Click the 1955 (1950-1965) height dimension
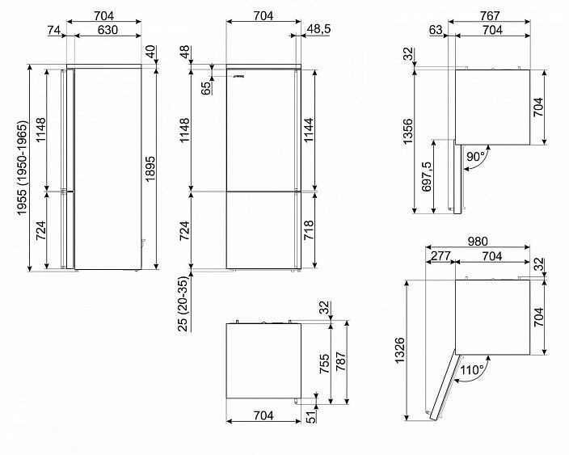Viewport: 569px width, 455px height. (22, 167)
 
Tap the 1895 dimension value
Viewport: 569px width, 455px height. (150, 168)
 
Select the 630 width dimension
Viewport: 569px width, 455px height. (107, 29)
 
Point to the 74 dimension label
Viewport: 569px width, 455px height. (53, 30)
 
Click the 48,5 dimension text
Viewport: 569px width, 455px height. (319, 28)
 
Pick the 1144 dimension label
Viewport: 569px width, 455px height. (308, 130)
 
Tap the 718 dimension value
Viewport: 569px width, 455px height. (308, 230)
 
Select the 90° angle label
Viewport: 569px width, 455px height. (476, 157)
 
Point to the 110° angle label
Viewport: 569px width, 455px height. (472, 370)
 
